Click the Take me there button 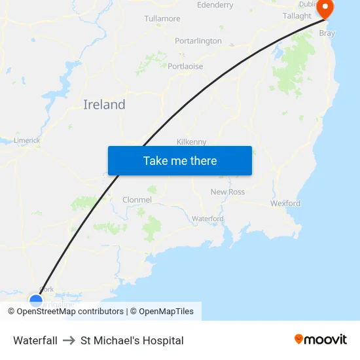180,161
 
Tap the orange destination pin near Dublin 325,9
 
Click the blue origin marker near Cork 36,301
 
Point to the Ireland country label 104,105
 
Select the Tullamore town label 162,18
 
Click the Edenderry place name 215,5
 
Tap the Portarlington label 198,41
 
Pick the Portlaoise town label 185,66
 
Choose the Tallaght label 297,16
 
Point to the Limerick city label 27,140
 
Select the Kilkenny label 192,141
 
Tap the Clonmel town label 137,200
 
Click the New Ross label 227,192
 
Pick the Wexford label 285,204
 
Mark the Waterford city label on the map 207,219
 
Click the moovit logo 321,339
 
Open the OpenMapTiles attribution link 166,312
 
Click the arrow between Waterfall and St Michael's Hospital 69,340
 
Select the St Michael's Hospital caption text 132,340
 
